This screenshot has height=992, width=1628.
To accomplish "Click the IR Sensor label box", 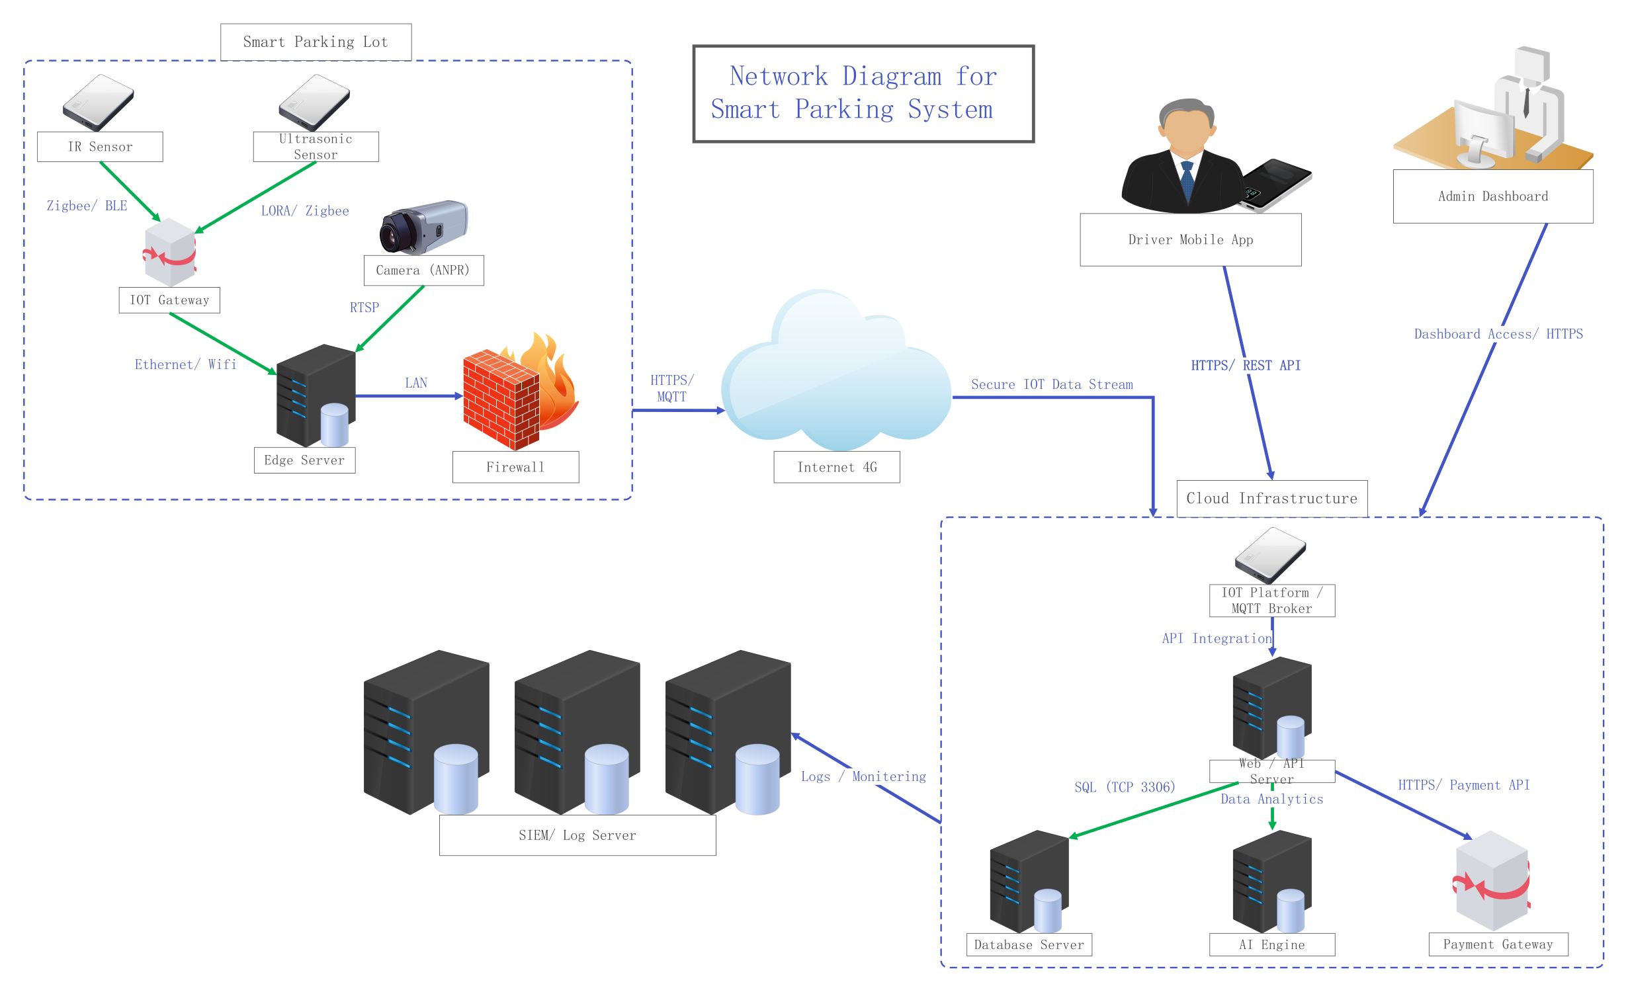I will [x=100, y=147].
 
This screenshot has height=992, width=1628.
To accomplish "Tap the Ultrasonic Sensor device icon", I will [x=314, y=102].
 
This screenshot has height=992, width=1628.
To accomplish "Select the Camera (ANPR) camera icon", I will [x=423, y=227].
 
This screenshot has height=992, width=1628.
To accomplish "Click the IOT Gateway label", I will [x=169, y=300].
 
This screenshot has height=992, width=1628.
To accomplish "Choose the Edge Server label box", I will [x=304, y=460].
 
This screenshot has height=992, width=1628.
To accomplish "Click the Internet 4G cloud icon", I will [x=836, y=373].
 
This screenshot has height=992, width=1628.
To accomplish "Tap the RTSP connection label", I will [x=364, y=308].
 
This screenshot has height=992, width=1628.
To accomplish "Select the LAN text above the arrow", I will [x=416, y=383].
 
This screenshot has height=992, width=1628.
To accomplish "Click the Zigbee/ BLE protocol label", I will [x=87, y=206].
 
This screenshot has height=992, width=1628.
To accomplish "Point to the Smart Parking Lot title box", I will [x=316, y=42].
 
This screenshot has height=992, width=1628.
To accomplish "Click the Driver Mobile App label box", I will [x=1190, y=240].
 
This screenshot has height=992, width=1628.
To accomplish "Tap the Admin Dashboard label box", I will [x=1492, y=196].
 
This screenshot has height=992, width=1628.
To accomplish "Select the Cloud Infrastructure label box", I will [x=1271, y=499].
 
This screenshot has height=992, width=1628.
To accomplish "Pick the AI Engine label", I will [x=1271, y=944].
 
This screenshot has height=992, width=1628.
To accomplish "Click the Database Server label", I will [x=1029, y=944].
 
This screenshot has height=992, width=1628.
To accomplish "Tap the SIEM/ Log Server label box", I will [x=577, y=835].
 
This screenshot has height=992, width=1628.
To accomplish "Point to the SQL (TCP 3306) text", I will [x=1125, y=787].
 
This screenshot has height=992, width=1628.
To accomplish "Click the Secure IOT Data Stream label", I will [x=1052, y=385].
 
